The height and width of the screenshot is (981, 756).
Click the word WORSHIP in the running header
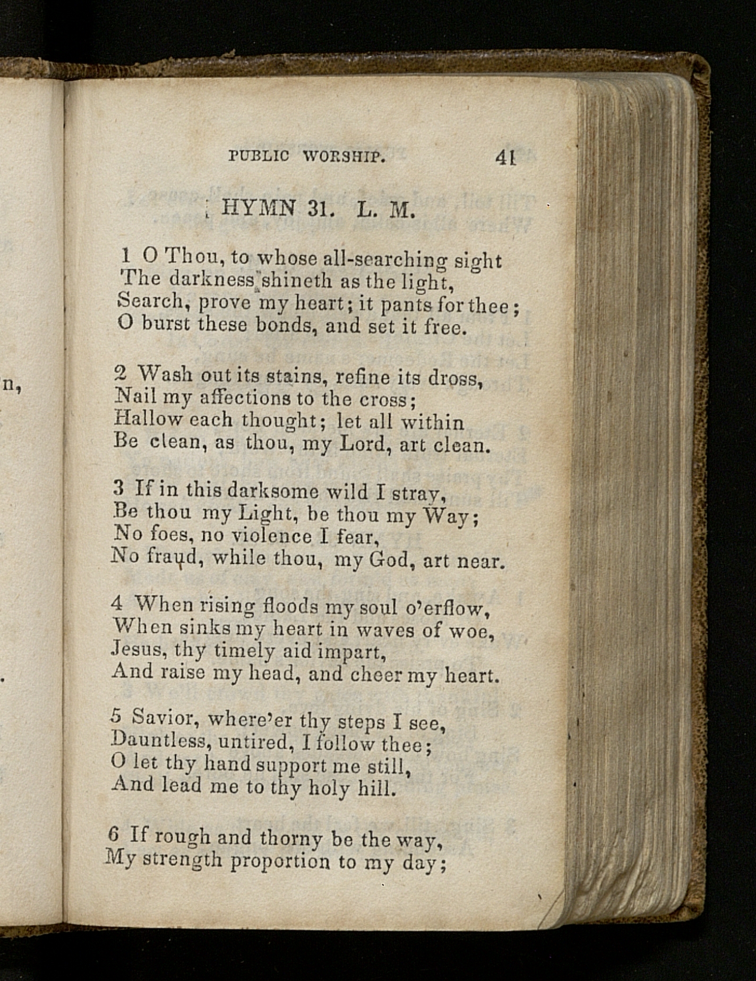[343, 157]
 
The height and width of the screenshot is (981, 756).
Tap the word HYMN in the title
[259, 208]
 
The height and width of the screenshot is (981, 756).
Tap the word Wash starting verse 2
[165, 374]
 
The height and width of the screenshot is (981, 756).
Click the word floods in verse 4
[290, 606]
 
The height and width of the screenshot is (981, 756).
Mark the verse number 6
[113, 834]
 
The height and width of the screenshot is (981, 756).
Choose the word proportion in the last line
[280, 860]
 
